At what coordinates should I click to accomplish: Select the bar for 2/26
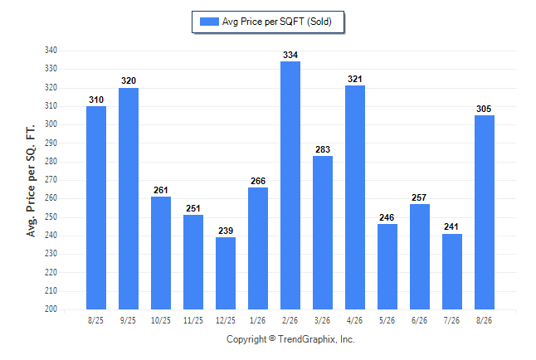coord(290,185)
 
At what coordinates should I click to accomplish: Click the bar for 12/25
coord(226,273)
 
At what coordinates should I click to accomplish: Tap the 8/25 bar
coord(96,208)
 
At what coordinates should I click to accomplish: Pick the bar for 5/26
coord(387,266)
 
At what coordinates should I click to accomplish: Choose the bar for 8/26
coord(485,212)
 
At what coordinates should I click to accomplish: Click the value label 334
coord(290,55)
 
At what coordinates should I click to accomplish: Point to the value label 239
coord(226,231)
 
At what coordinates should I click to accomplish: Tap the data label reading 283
coord(323,149)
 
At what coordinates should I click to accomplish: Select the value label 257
coord(419,197)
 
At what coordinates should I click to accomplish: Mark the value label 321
coord(355,79)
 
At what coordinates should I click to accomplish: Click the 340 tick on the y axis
coord(51,51)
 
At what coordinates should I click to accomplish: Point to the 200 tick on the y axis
coord(51,309)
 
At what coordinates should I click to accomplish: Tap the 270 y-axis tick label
coord(51,179)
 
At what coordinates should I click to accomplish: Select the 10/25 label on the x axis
coord(161,320)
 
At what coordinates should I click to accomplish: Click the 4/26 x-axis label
coord(354,320)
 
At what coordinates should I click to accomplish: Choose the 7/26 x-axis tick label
coord(451,320)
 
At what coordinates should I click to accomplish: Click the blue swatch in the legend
coord(209,22)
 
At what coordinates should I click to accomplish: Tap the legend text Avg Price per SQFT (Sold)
coord(276,22)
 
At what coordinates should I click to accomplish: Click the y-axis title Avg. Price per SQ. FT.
coord(31,181)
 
